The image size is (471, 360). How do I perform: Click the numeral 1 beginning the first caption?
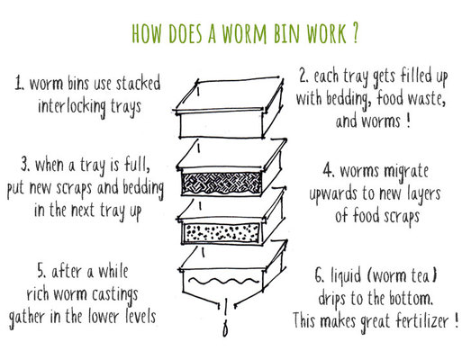(21, 86)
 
